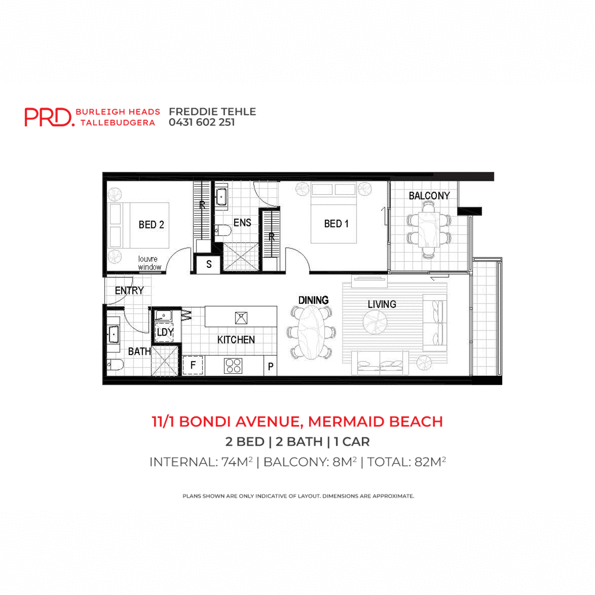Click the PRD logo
[49, 117]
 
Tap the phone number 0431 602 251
[202, 122]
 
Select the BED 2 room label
[151, 225]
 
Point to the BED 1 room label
[336, 224]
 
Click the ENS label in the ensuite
[242, 223]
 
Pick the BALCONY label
[429, 196]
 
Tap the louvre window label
[149, 263]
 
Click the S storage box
[209, 264]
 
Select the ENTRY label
[129, 291]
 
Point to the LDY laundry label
[165, 332]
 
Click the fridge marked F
[193, 366]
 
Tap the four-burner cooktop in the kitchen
[233, 366]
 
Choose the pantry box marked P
[271, 367]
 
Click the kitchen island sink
[241, 317]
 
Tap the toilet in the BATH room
[116, 366]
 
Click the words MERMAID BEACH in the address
[375, 421]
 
